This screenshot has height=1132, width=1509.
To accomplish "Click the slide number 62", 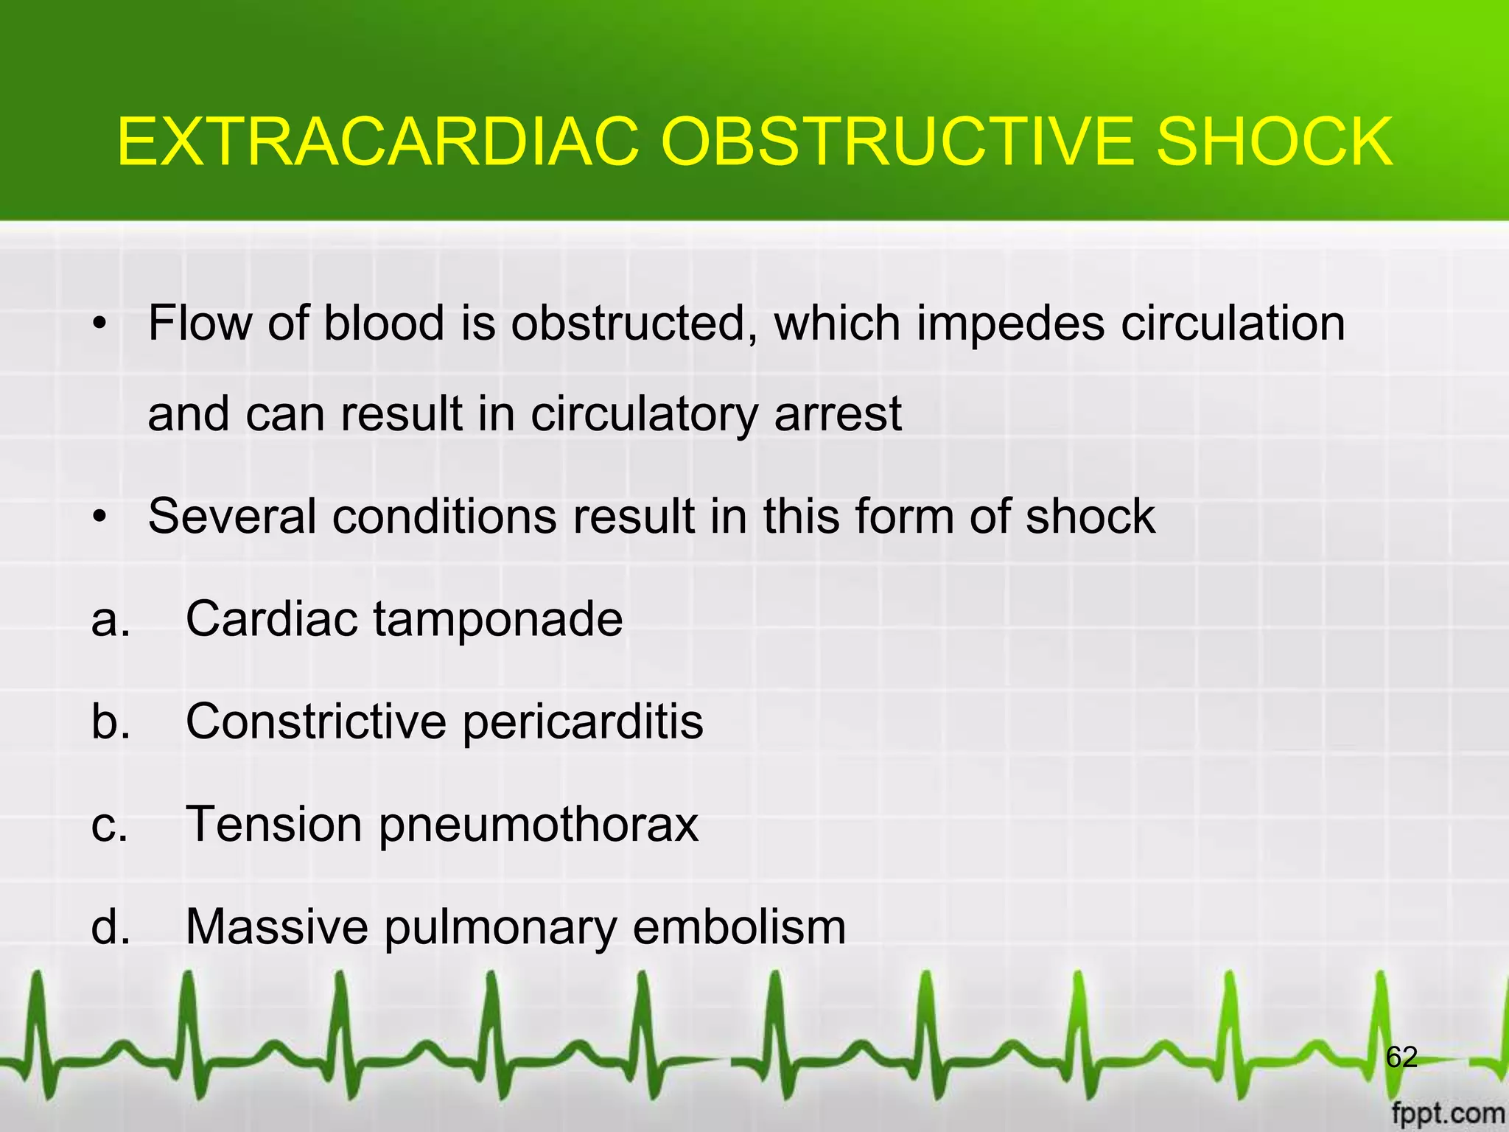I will [1401, 1058].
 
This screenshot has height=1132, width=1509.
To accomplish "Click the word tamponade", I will [498, 618].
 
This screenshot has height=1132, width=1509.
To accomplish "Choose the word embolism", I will [739, 926].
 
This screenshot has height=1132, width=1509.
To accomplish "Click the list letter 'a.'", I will [111, 619].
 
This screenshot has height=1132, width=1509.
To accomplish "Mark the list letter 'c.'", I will [110, 825].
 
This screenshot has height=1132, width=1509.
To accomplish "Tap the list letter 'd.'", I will [111, 926].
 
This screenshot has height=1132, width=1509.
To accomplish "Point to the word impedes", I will [1010, 324].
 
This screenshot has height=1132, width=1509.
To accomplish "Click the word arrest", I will [838, 413].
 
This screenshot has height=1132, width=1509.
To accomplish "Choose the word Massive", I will [277, 926].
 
